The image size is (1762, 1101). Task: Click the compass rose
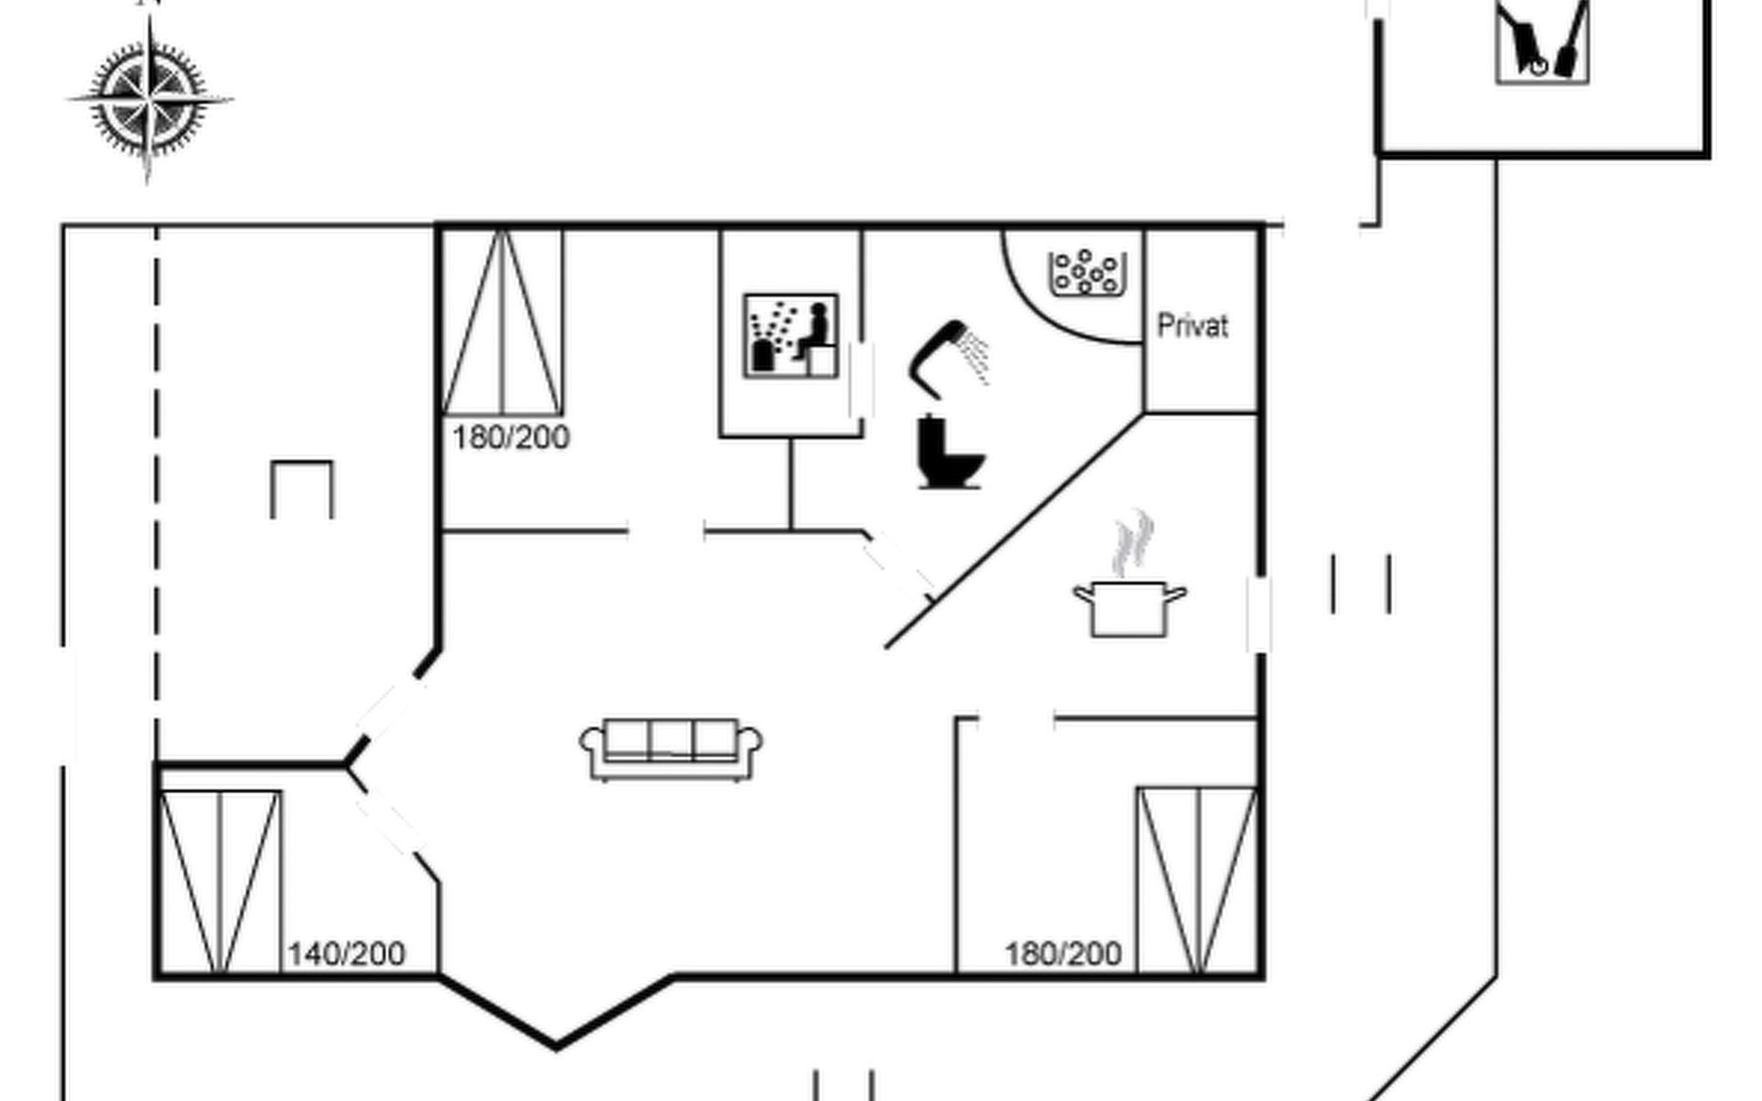point(150,98)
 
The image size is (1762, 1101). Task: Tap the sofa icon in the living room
point(671,749)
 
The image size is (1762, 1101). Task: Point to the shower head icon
point(934,358)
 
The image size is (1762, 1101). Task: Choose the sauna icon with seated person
point(791,336)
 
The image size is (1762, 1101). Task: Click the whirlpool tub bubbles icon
point(1087,272)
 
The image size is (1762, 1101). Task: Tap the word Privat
point(1192,326)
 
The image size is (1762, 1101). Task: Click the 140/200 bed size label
point(347,954)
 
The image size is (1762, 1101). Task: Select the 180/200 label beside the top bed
point(511,438)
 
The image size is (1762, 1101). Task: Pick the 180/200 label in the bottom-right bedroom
point(1064,954)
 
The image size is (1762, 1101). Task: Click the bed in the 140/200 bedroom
point(219,882)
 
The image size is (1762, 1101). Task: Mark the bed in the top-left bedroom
point(502,322)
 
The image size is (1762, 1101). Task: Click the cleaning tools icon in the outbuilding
point(1543,41)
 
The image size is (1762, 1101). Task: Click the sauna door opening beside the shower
point(862,380)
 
